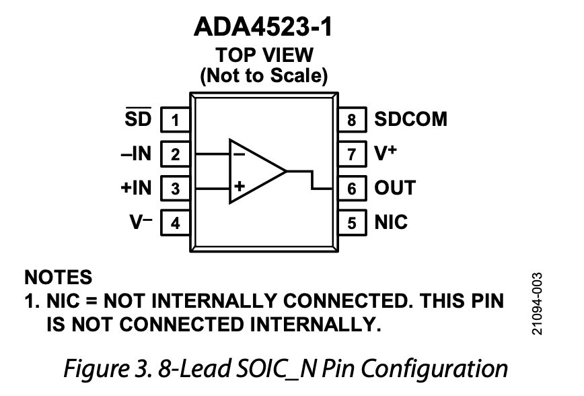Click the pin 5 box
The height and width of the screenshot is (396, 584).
(352, 222)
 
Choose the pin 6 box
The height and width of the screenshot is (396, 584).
(352, 189)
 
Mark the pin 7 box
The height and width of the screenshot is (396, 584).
(352, 154)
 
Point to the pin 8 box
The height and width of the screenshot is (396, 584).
(352, 121)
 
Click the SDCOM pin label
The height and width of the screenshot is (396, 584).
(410, 120)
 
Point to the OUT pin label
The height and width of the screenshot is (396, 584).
(395, 188)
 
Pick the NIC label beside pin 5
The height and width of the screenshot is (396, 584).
(391, 222)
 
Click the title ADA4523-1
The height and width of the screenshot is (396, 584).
(263, 28)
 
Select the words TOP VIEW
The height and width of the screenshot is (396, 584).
(264, 55)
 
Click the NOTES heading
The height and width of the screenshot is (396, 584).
(58, 277)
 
